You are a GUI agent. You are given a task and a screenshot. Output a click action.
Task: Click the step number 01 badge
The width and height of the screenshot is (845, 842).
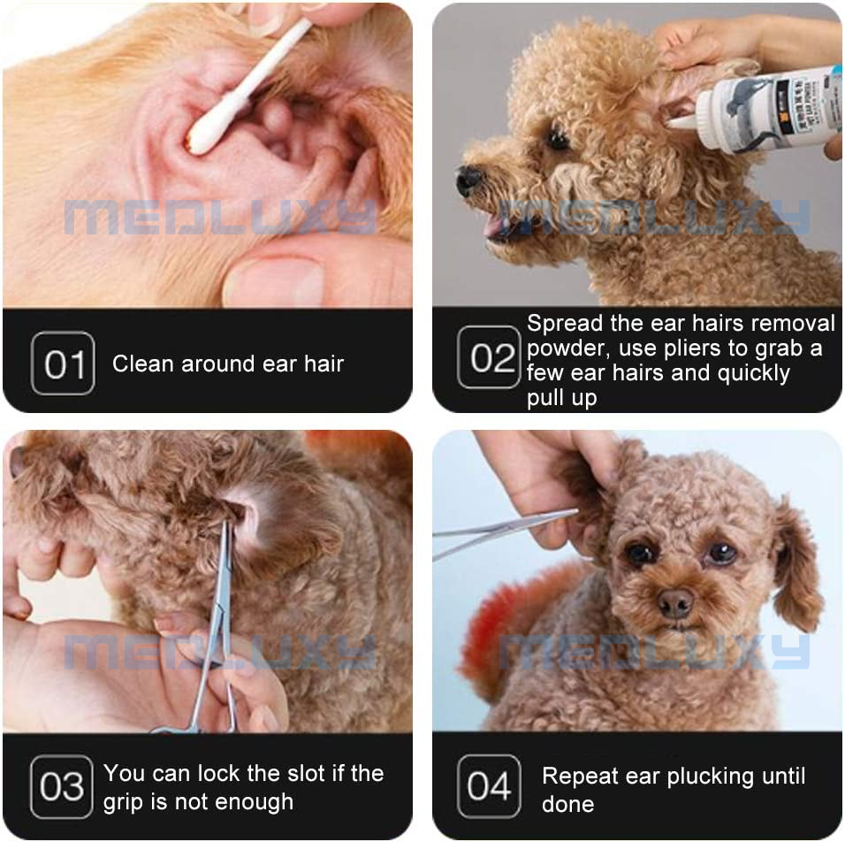pos(63,363)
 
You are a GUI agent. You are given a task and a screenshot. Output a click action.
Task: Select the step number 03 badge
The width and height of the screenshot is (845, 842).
pos(61,786)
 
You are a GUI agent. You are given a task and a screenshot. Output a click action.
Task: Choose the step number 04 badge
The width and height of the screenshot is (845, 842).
pos(489,786)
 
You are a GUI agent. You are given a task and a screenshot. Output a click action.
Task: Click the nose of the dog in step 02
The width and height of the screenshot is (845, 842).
pos(466,180)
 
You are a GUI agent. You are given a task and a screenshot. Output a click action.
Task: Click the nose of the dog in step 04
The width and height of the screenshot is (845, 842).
pos(675,604)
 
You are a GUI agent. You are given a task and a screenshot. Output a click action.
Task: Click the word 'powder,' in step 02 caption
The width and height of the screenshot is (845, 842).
pos(566,348)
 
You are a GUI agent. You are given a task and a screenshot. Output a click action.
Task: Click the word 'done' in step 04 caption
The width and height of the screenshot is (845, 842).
pos(567,804)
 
